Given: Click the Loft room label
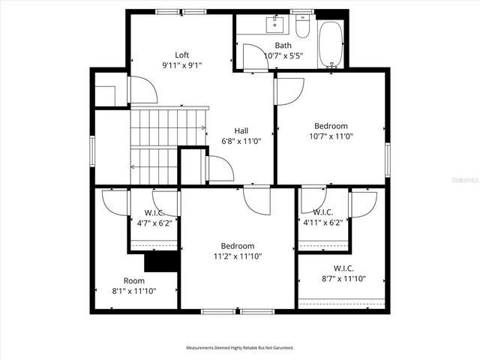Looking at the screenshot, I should coord(181,55).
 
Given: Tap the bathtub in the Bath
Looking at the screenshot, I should coord(330,44).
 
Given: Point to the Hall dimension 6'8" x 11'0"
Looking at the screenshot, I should coord(240,141).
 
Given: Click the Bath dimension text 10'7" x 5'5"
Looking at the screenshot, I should coord(283,55).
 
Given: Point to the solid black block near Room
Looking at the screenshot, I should coord(160,262).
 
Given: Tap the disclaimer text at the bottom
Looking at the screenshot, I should coord(240,348).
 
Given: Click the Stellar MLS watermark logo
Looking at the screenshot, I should coord(465,181).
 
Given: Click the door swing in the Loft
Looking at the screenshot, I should coord(143,90).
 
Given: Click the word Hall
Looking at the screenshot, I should coord(241,130).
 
